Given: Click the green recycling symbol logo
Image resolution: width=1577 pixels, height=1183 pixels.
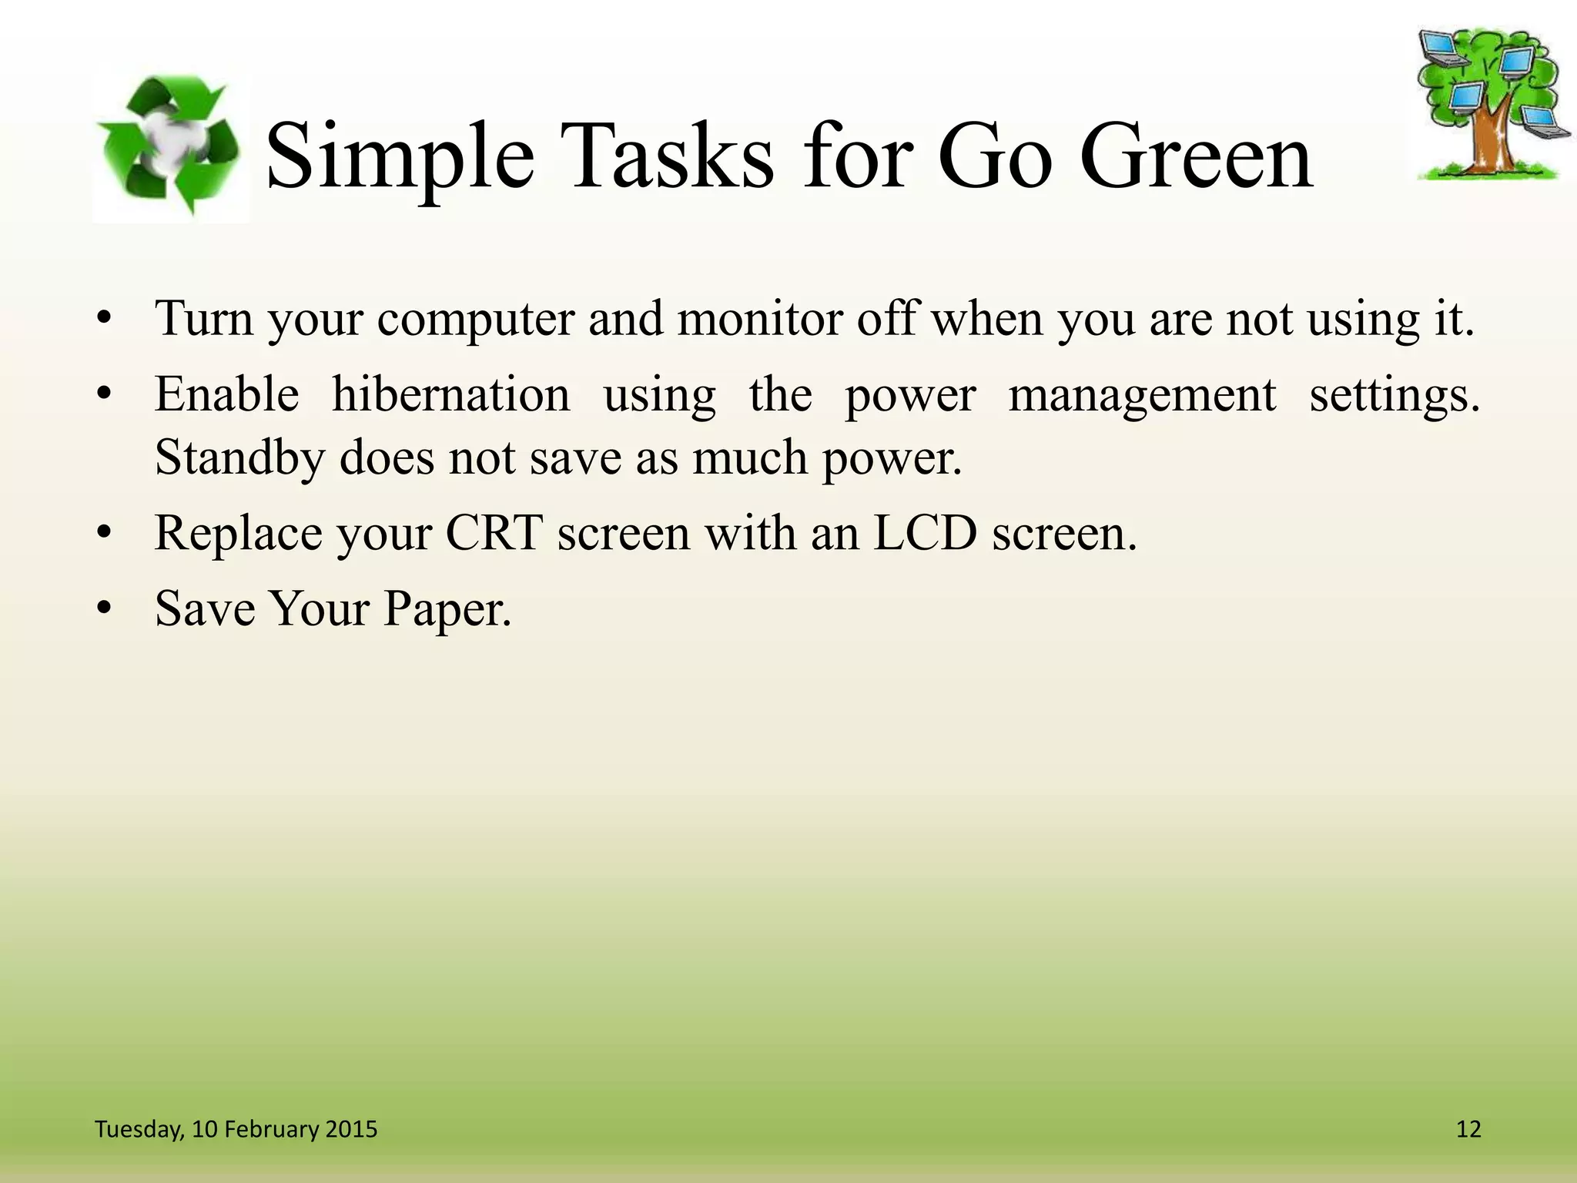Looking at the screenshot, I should pyautogui.click(x=171, y=146).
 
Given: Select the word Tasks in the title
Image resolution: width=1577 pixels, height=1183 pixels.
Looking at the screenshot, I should pyautogui.click(x=666, y=158).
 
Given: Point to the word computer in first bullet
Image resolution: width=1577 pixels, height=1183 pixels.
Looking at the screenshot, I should pyautogui.click(x=475, y=318).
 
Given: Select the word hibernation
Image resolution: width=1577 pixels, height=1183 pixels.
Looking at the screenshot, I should pyautogui.click(x=450, y=395).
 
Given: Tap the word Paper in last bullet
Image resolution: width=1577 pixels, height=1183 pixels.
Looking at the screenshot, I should pyautogui.click(x=447, y=609).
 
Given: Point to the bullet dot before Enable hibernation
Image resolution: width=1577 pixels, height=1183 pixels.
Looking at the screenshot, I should pyautogui.click(x=105, y=396).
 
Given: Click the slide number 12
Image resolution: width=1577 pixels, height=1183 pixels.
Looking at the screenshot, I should pyautogui.click(x=1468, y=1129).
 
